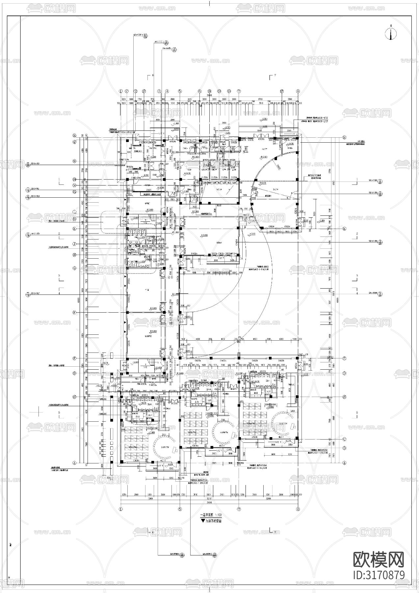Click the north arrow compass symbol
(x=391, y=34)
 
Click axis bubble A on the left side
(x=74, y=463)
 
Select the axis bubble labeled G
(x=74, y=268)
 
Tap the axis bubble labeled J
(x=74, y=244)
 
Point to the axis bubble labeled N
(x=74, y=161)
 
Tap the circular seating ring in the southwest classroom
(x=164, y=447)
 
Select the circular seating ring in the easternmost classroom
(x=283, y=425)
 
